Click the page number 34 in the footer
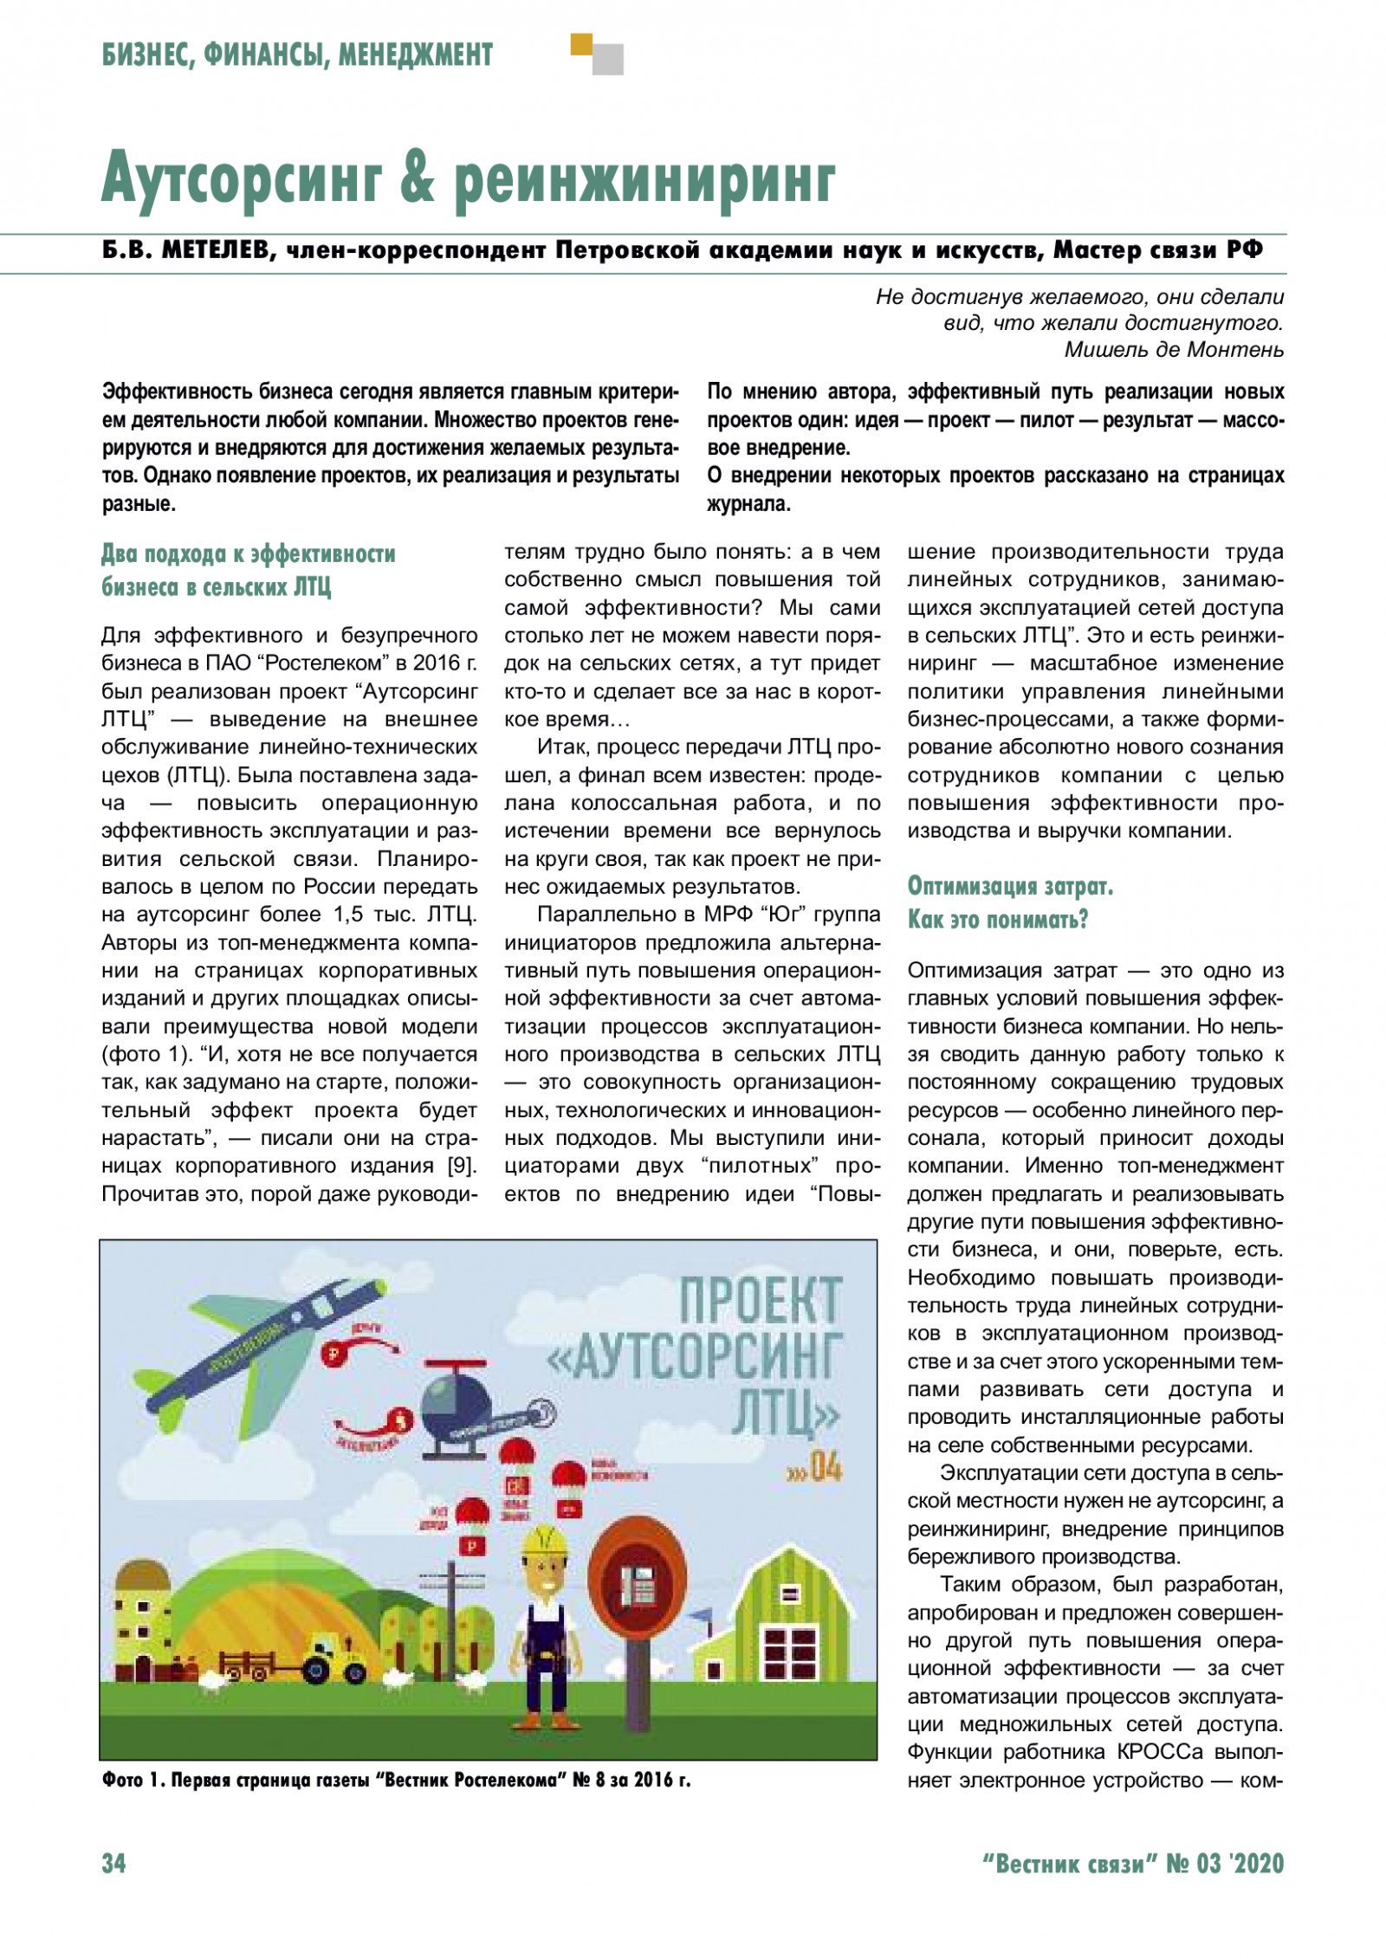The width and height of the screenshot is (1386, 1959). tap(113, 1863)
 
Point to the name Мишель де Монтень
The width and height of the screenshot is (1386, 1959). tap(1174, 350)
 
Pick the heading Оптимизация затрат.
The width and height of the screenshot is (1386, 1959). tap(1010, 886)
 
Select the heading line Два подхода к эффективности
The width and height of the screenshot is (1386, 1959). tap(249, 553)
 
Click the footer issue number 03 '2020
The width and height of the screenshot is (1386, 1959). tap(1240, 1863)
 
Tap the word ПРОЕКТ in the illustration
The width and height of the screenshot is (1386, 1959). tap(760, 1300)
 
